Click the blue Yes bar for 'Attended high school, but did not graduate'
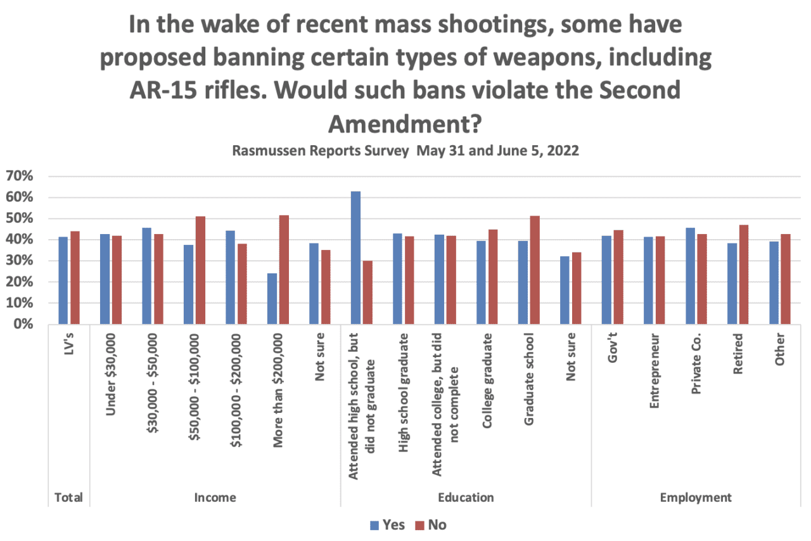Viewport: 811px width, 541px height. pyautogui.click(x=355, y=257)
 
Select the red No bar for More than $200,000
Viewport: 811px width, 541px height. pyautogui.click(x=284, y=270)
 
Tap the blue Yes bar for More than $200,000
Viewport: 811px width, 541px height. pyautogui.click(x=272, y=299)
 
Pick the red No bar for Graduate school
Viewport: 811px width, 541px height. pyautogui.click(x=535, y=270)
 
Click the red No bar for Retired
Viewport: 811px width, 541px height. pyautogui.click(x=744, y=275)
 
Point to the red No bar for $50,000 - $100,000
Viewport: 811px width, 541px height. pyautogui.click(x=200, y=270)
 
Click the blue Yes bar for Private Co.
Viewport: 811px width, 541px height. pyautogui.click(x=690, y=276)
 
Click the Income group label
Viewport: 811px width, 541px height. pyautogui.click(x=215, y=497)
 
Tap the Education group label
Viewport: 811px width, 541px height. pyautogui.click(x=466, y=497)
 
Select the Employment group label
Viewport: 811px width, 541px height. pyautogui.click(x=695, y=497)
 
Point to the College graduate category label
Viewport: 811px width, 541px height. pyautogui.click(x=487, y=377)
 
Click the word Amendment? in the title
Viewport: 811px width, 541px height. pyautogui.click(x=402, y=124)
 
